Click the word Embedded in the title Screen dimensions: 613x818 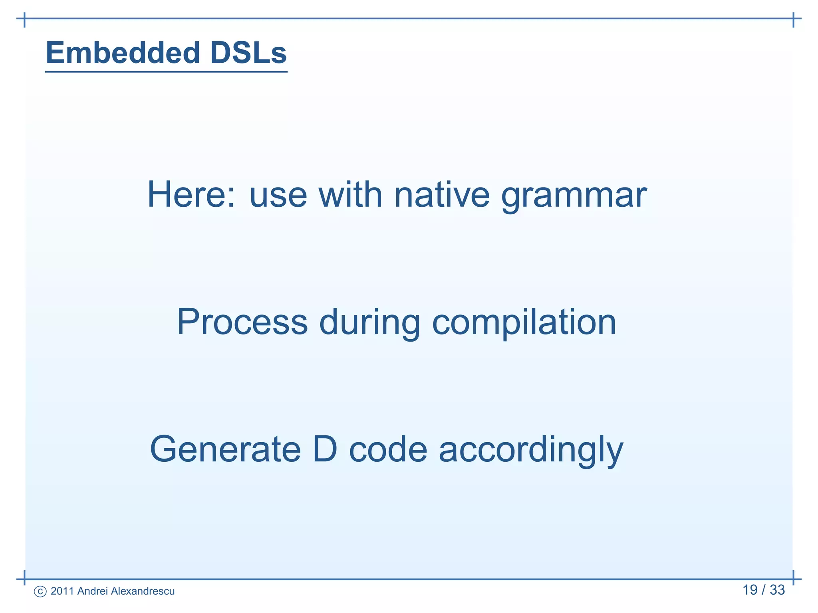click(x=123, y=53)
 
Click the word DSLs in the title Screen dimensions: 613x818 click(x=248, y=53)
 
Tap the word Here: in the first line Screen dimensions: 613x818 click(x=191, y=195)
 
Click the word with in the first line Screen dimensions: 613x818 click(x=350, y=195)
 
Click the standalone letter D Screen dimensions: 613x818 click(x=325, y=449)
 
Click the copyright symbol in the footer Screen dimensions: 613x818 click(x=40, y=591)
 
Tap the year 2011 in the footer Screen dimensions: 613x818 click(x=62, y=591)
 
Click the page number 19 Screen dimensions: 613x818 click(x=750, y=590)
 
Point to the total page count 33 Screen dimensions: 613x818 click(x=777, y=590)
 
